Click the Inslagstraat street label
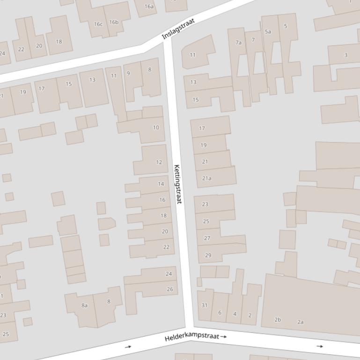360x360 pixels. tap(178, 29)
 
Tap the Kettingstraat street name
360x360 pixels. tap(177, 184)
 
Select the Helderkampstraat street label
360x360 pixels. tap(191, 337)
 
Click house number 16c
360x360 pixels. tap(98, 24)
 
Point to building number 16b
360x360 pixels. tap(114, 22)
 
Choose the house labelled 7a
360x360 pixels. tap(238, 43)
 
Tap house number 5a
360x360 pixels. tap(268, 32)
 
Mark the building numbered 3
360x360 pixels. tap(346, 55)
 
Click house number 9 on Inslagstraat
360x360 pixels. tap(128, 73)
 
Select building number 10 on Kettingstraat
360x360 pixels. tap(156, 127)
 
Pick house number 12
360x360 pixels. tap(159, 162)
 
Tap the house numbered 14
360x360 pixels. tap(161, 184)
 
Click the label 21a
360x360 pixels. tap(206, 178)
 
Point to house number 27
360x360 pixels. tap(207, 238)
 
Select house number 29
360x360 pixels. tap(208, 255)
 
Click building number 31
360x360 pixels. tap(204, 305)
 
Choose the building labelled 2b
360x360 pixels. tap(278, 320)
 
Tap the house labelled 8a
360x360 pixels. tap(84, 305)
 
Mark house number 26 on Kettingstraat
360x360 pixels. tap(169, 289)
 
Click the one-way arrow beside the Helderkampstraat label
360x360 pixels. tap(224, 336)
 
